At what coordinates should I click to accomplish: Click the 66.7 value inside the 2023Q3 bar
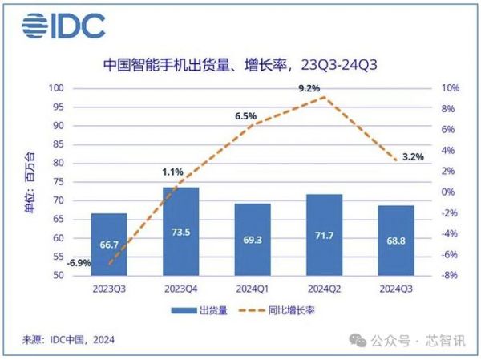[x=110, y=246]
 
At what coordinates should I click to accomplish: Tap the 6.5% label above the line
[x=245, y=116]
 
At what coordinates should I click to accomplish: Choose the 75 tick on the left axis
[x=59, y=182]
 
